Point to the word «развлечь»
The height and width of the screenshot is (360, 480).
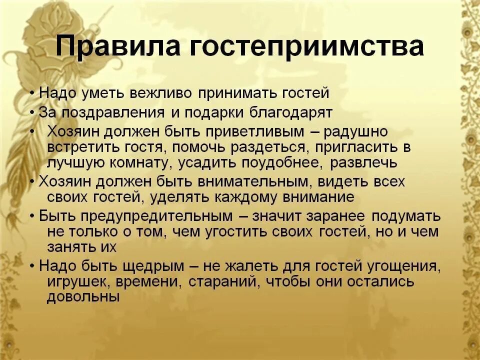[367, 163]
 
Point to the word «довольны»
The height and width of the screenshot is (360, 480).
[83, 297]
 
